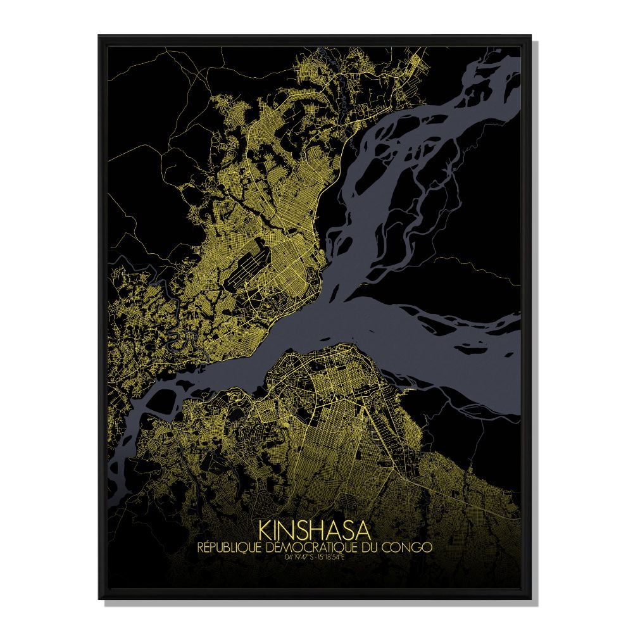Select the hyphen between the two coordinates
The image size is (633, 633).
[x=315, y=556]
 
